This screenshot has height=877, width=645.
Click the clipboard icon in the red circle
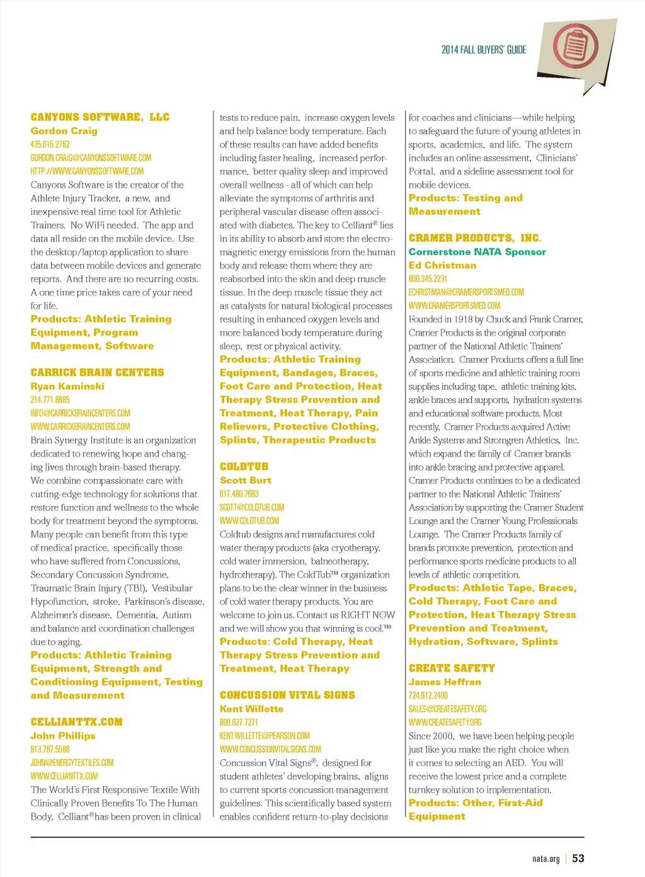[575, 47]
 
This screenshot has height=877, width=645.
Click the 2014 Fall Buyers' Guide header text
[483, 50]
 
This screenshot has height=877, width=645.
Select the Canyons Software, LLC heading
[100, 117]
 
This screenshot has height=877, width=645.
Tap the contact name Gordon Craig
[64, 131]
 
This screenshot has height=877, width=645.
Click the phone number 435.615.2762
[50, 144]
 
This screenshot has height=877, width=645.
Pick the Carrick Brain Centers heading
[97, 372]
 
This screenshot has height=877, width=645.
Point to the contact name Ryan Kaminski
[67, 386]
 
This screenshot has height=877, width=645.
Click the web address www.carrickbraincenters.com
[80, 427]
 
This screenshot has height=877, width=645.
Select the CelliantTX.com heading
[76, 722]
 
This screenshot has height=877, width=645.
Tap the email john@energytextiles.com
[72, 762]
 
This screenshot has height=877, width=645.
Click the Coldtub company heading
[244, 467]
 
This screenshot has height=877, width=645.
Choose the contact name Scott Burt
[245, 480]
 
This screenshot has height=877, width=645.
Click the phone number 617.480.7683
[239, 494]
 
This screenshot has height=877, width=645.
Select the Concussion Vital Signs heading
[287, 695]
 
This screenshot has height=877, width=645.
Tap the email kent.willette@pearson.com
[265, 736]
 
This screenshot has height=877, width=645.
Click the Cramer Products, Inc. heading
[474, 238]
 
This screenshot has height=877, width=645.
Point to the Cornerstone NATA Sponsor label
[477, 252]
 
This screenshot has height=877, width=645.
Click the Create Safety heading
[452, 668]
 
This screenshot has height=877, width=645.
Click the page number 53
[578, 859]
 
